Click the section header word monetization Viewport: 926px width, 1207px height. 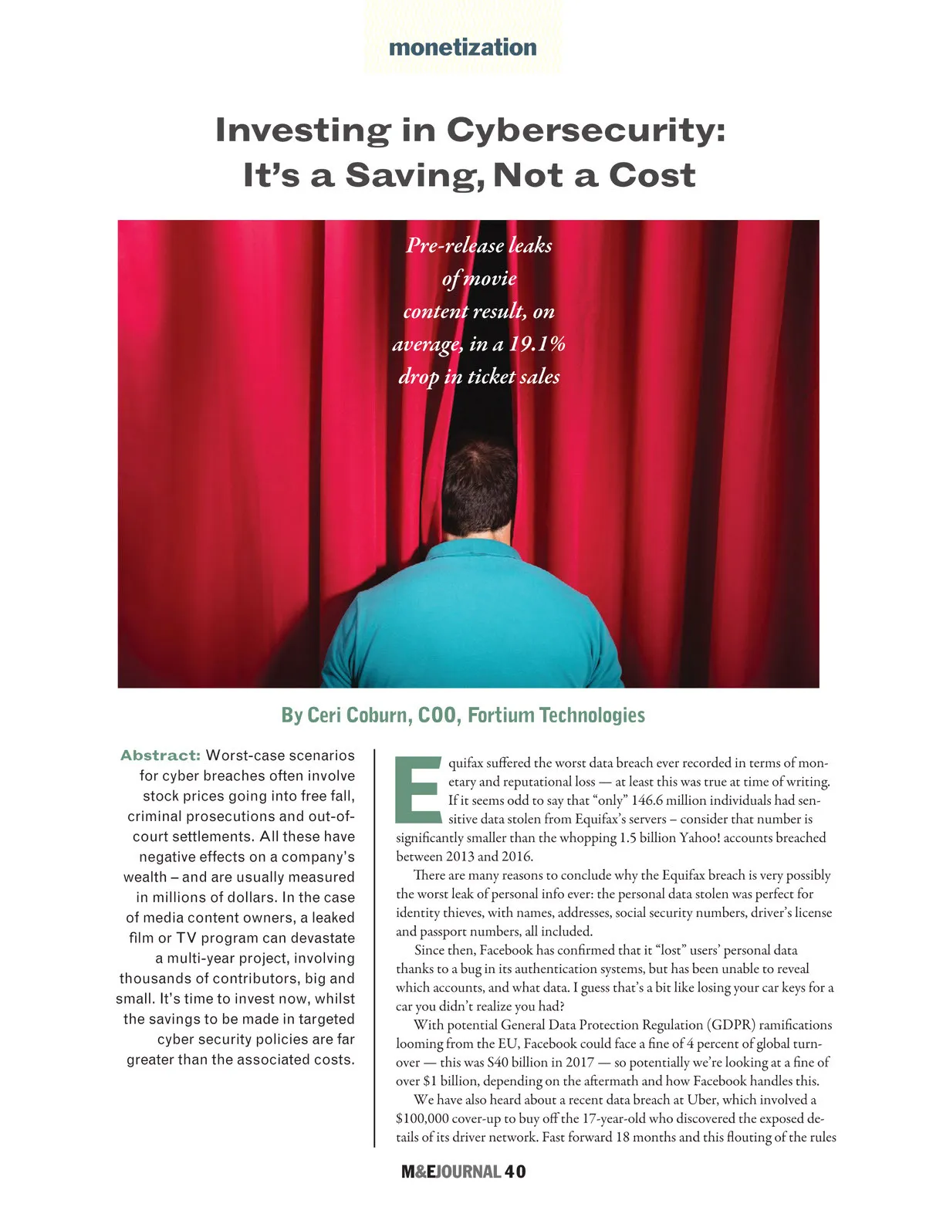coord(462,47)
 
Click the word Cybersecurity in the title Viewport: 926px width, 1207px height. coord(586,129)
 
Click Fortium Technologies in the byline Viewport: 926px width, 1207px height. coord(556,715)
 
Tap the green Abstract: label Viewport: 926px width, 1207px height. coord(160,756)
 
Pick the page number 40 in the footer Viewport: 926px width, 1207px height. coord(515,1171)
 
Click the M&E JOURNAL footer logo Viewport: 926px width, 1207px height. coord(451,1171)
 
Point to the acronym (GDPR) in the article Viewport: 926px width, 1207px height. coord(729,1025)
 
